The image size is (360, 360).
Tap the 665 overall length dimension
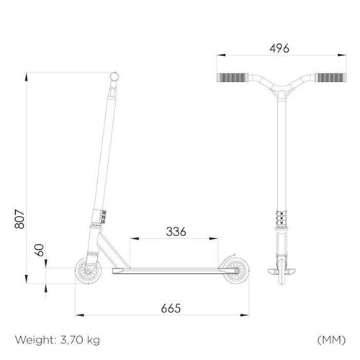(171, 307)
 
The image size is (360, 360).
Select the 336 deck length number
(176, 231)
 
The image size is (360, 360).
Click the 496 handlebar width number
(279, 48)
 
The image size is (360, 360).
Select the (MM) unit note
(330, 338)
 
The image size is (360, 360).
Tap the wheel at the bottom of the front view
(280, 272)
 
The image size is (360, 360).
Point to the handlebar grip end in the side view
(114, 76)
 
